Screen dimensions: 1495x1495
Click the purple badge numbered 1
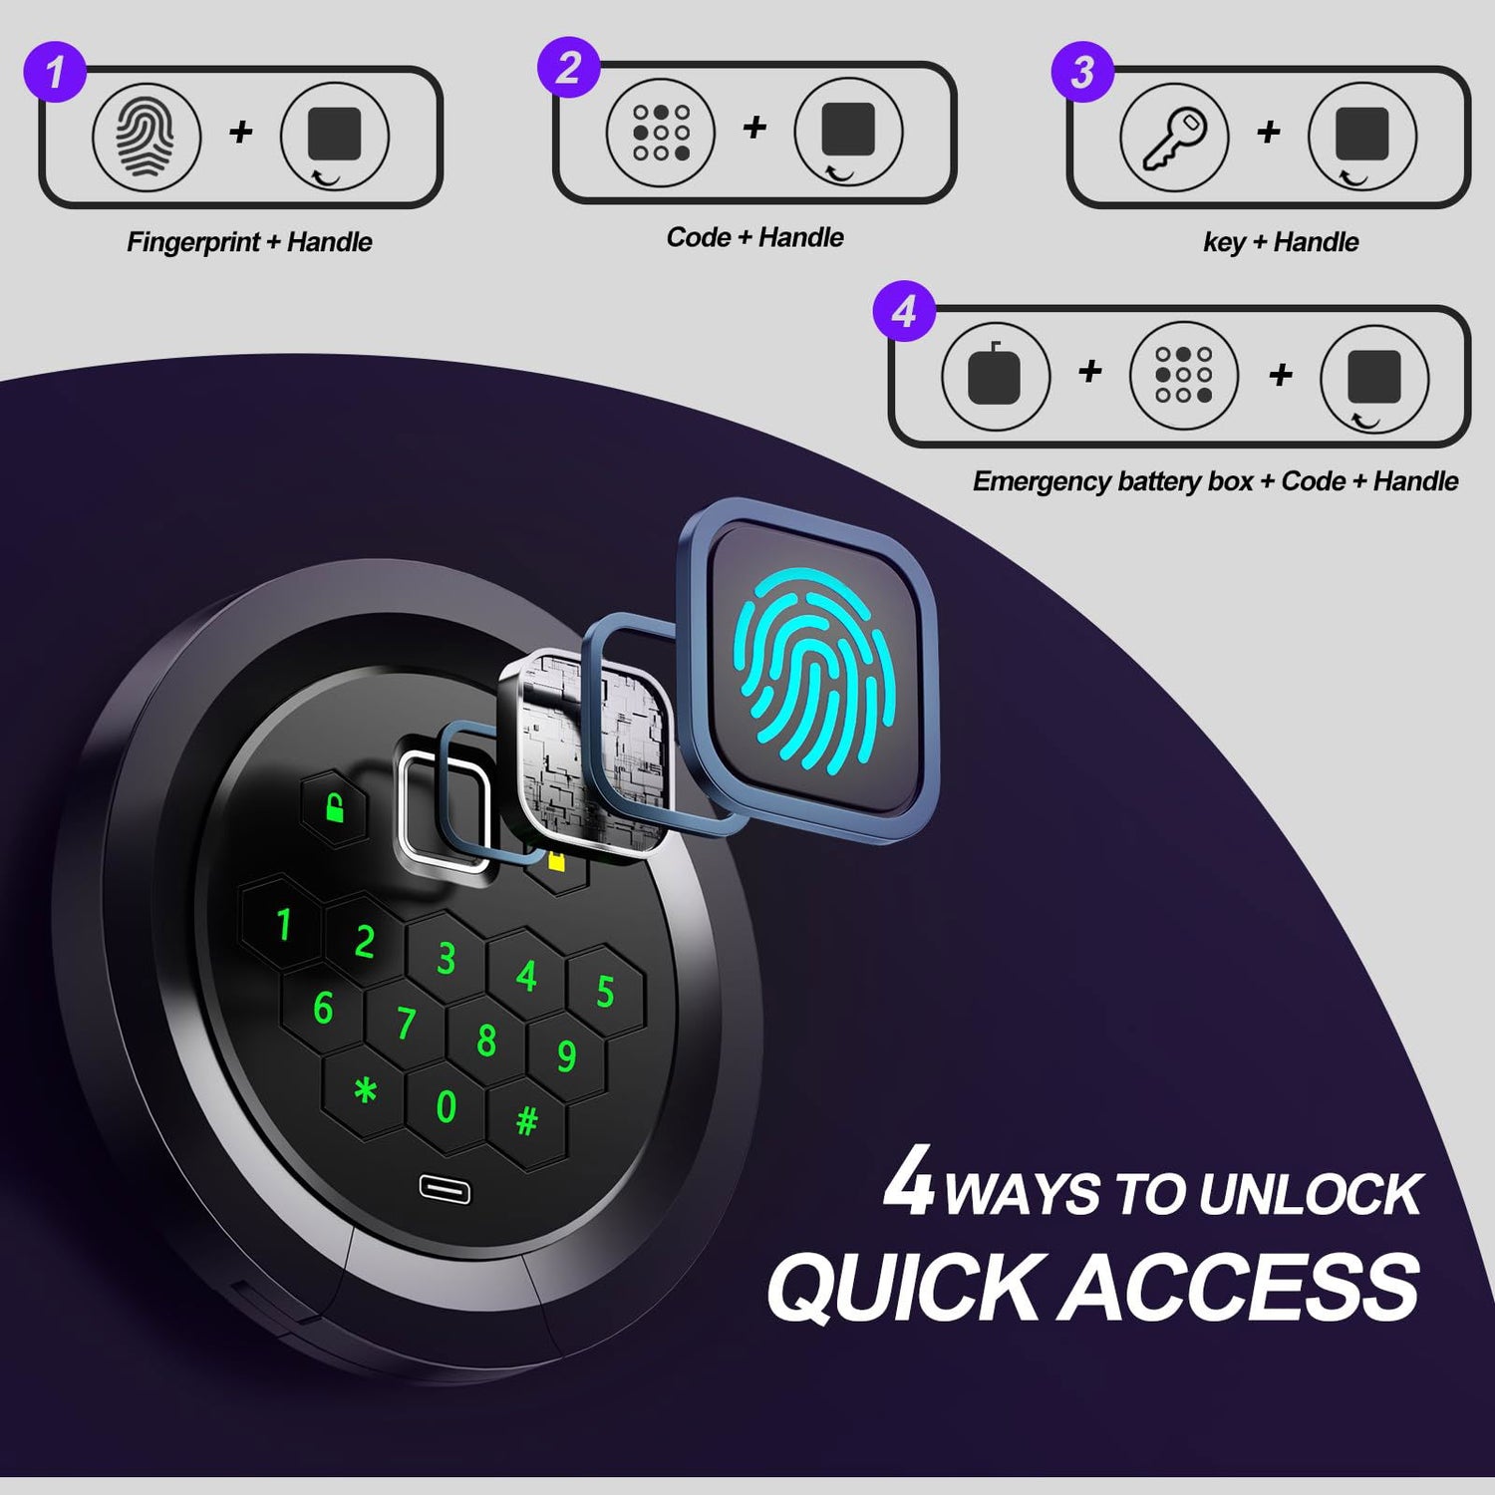click(x=54, y=71)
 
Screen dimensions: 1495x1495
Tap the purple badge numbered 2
click(x=568, y=67)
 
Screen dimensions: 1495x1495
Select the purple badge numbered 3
click(x=1082, y=71)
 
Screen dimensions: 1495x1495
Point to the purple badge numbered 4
click(x=904, y=311)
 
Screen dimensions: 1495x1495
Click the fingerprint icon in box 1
click(x=147, y=136)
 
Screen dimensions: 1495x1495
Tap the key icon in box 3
click(x=1174, y=136)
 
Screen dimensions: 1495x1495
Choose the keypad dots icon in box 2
click(x=661, y=133)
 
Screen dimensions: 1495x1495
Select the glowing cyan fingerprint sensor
click(x=809, y=668)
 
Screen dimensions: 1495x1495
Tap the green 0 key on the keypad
click(x=447, y=1106)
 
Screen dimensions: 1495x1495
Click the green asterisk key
click(x=366, y=1091)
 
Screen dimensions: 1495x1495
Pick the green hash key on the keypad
click(x=526, y=1122)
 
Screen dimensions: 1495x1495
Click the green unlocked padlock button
click(x=335, y=808)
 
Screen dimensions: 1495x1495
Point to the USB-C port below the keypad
click(x=445, y=1189)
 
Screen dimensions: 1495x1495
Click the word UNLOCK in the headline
click(x=1310, y=1195)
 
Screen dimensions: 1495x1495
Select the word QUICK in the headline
click(x=903, y=1288)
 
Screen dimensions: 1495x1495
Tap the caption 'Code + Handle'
click(x=755, y=237)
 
